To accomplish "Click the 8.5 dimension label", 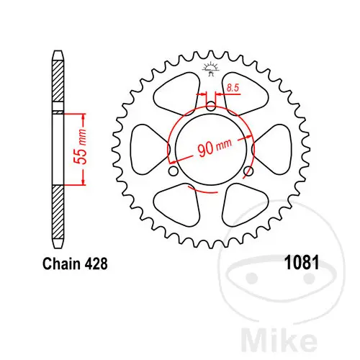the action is coord(233,88).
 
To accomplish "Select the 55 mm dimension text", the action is coord(81,147).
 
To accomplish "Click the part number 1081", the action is coord(302,263).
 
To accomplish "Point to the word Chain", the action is coord(61,264).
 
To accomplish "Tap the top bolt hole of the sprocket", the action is coord(211,106).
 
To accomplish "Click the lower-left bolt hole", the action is coord(174,171).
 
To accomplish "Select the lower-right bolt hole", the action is coord(248,171).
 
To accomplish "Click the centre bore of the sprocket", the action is coord(211,149).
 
